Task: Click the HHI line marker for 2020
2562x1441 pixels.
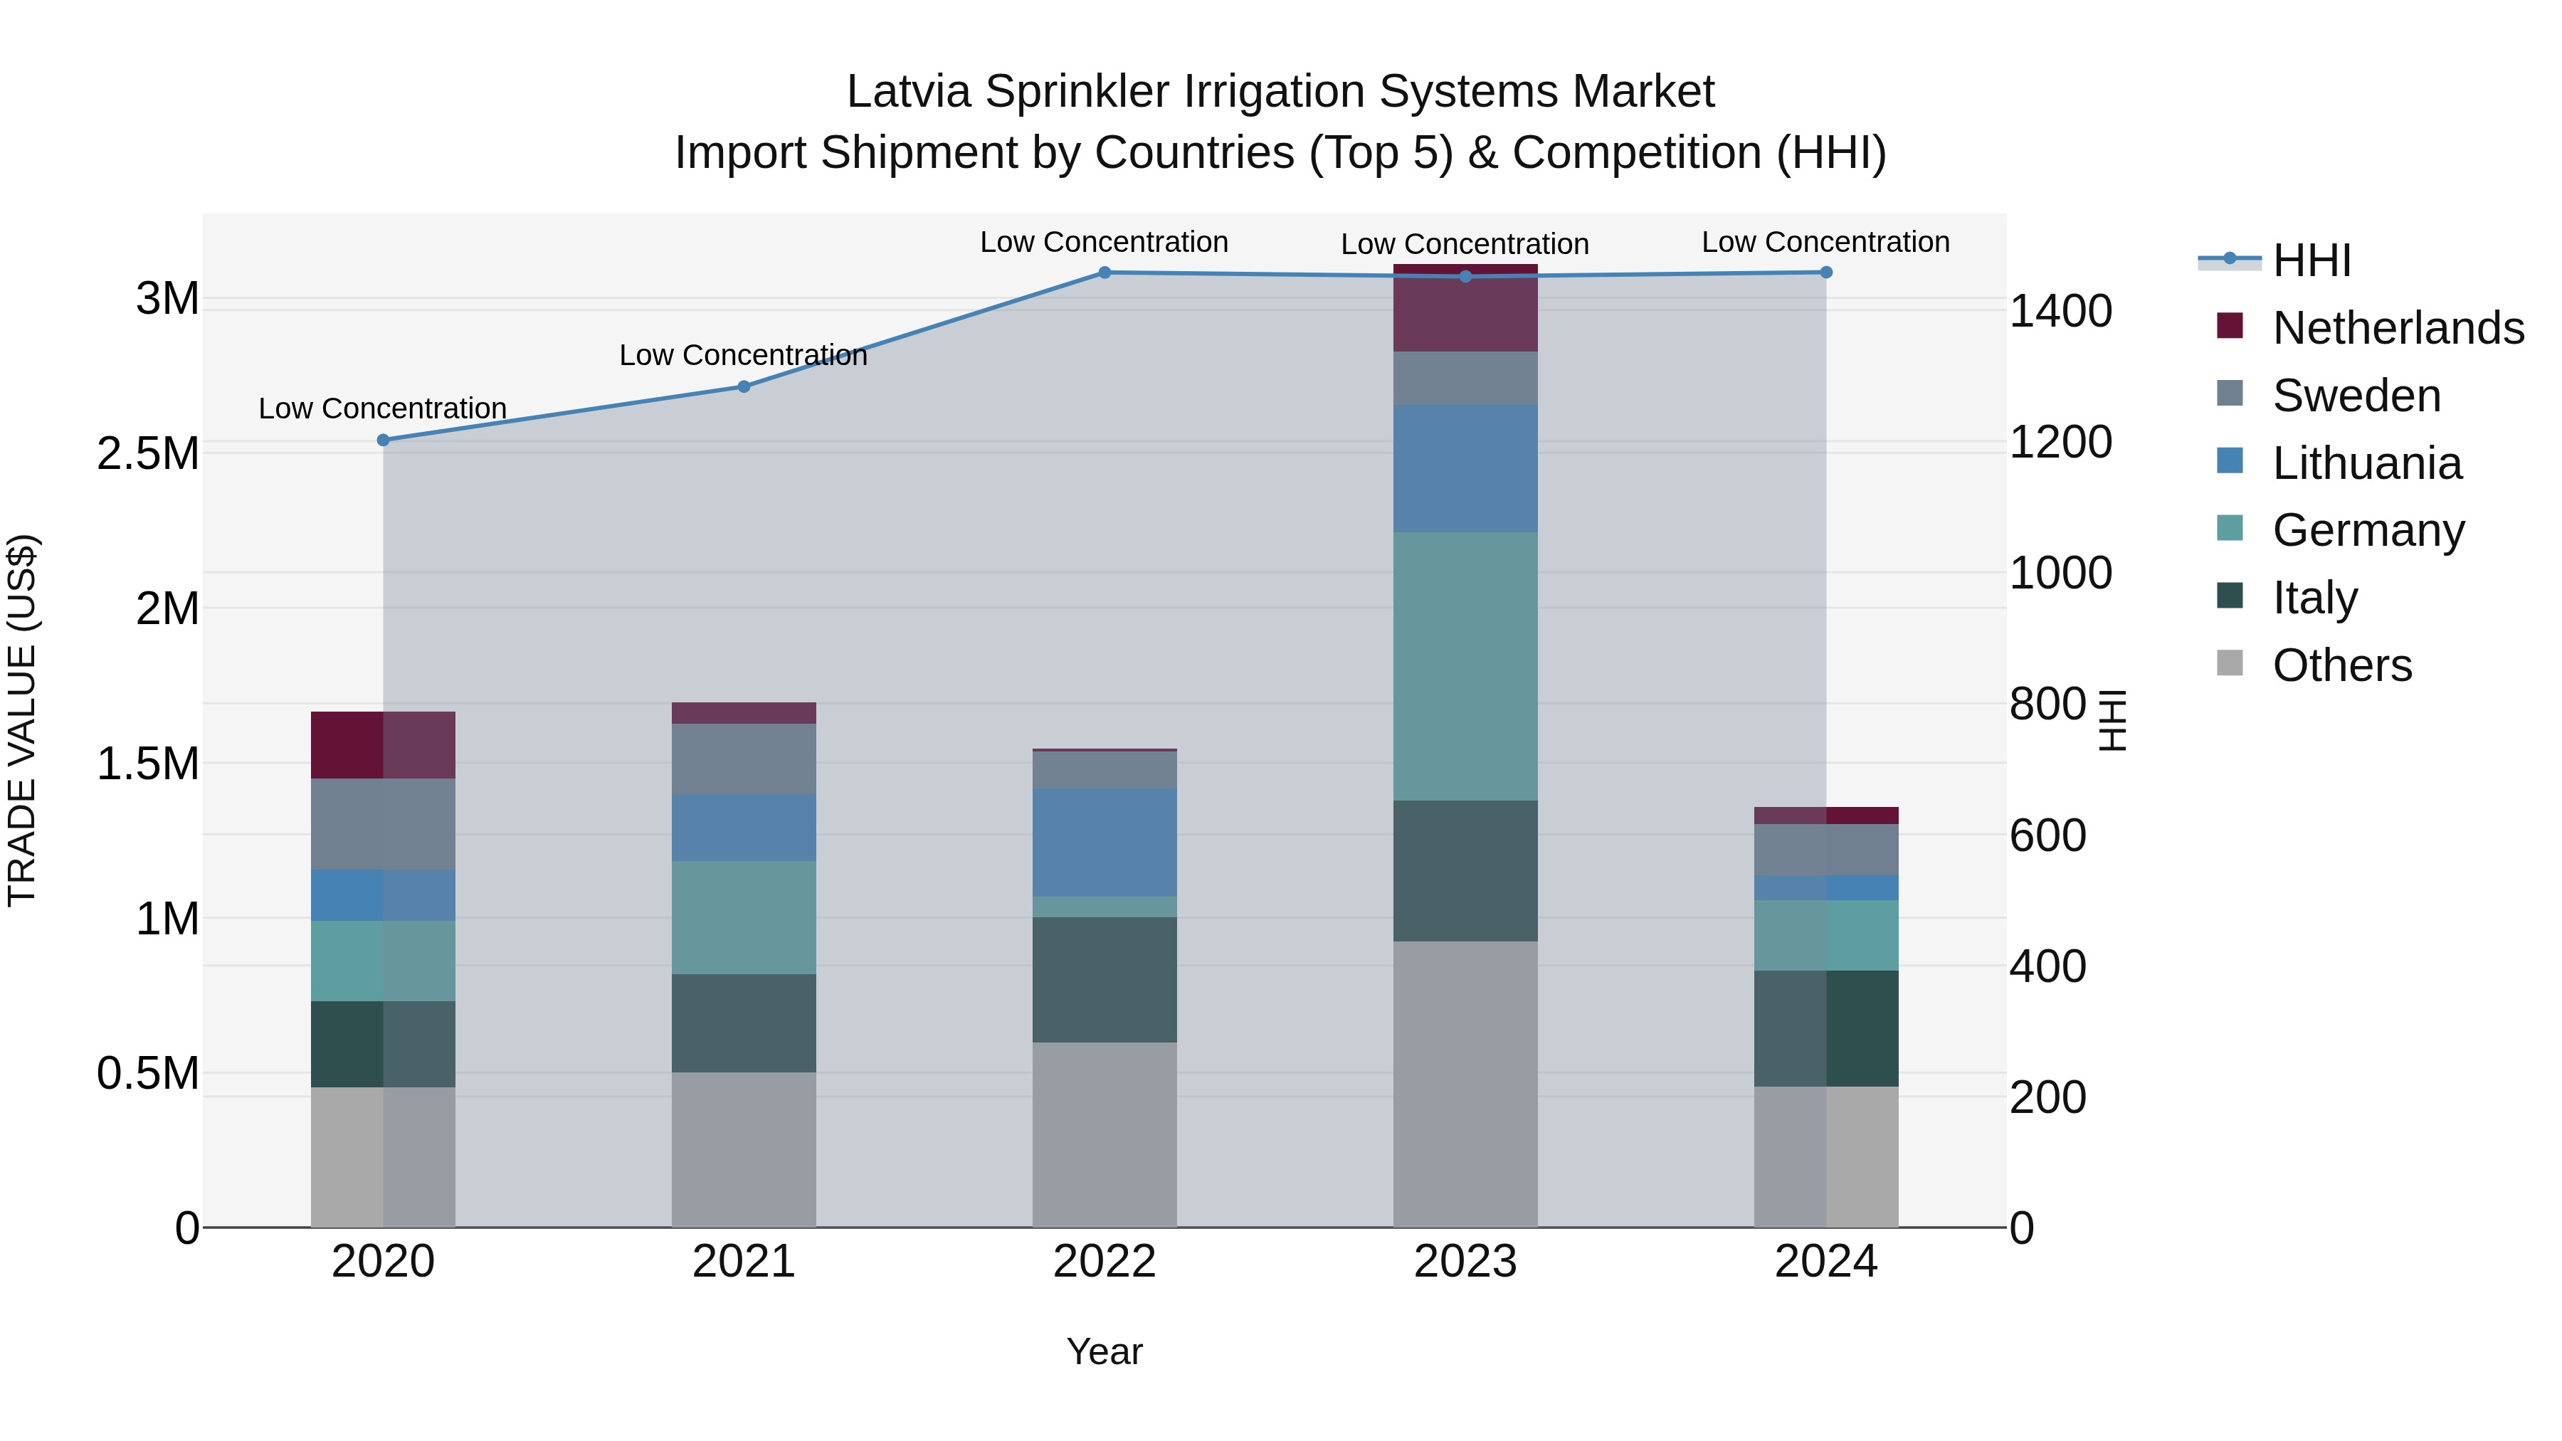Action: click(383, 440)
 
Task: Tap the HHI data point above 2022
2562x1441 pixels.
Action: click(1104, 273)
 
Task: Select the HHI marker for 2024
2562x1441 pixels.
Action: click(1826, 273)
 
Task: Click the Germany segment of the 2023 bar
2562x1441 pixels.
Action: click(1465, 666)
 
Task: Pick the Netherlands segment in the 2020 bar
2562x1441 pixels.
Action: click(383, 745)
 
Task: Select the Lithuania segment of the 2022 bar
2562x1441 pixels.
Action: click(1104, 843)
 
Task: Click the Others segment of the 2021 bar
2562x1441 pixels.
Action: click(743, 1150)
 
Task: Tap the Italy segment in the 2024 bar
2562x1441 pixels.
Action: click(1826, 1028)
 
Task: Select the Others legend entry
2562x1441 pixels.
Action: click(2341, 665)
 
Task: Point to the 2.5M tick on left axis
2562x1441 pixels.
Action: click(148, 453)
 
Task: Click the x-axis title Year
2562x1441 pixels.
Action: click(1104, 1351)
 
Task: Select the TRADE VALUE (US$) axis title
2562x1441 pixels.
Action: click(22, 720)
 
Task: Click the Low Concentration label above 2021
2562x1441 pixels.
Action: click(743, 355)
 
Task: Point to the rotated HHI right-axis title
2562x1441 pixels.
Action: click(2111, 720)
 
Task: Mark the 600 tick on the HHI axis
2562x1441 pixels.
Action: click(2047, 835)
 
